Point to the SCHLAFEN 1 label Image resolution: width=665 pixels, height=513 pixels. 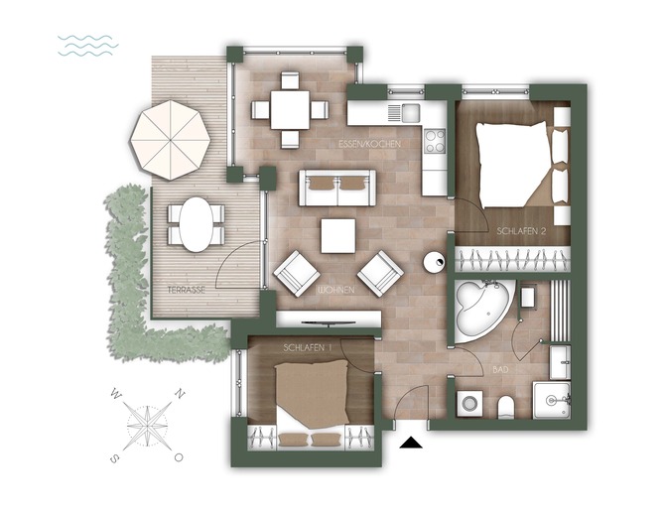308,347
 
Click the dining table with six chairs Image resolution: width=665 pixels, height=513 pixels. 289,108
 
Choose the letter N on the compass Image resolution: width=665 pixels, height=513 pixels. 179,395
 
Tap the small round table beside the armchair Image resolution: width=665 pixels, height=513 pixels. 434,262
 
